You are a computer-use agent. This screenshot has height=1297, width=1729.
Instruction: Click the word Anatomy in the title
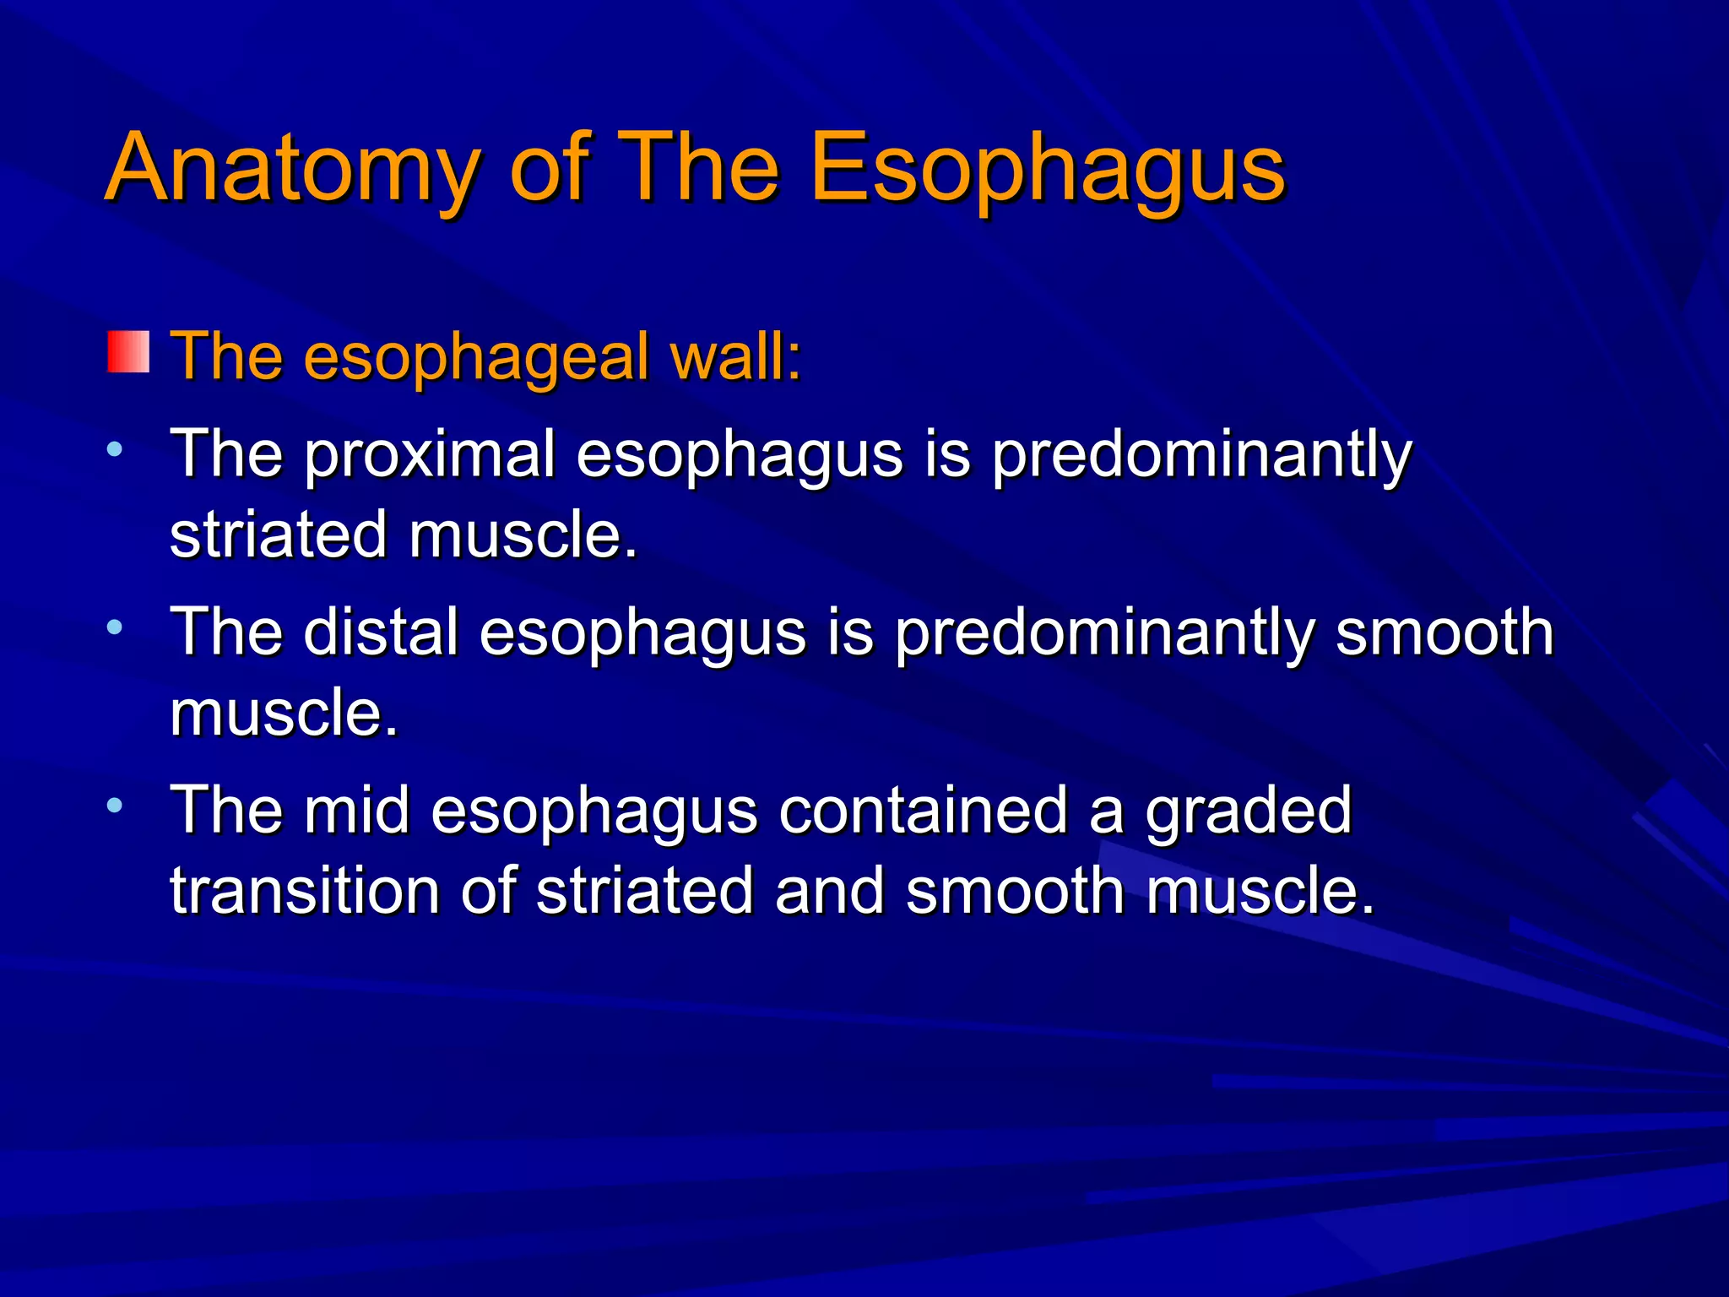292,169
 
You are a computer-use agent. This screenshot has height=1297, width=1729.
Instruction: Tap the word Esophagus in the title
1047,169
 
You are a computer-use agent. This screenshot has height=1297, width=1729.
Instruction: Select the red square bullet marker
128,352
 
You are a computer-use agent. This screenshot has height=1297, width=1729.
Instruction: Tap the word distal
381,633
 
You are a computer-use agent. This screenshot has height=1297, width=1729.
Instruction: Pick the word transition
304,892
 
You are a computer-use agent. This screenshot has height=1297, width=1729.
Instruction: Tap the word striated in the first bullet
279,535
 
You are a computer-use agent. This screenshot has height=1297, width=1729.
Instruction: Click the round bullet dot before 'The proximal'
115,448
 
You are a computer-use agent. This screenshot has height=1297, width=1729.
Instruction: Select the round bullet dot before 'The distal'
115,627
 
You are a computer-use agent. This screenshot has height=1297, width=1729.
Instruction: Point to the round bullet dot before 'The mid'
115,804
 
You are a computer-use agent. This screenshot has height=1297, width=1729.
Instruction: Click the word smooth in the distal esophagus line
1444,633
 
